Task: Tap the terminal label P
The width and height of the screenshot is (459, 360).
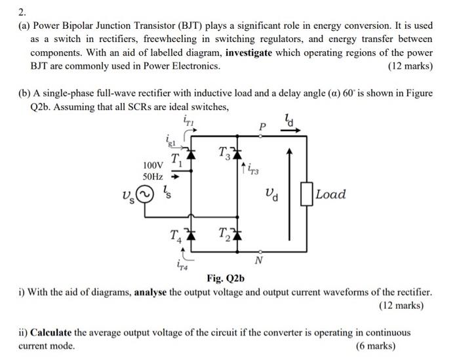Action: tap(262, 125)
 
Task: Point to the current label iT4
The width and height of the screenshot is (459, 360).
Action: tap(182, 265)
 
